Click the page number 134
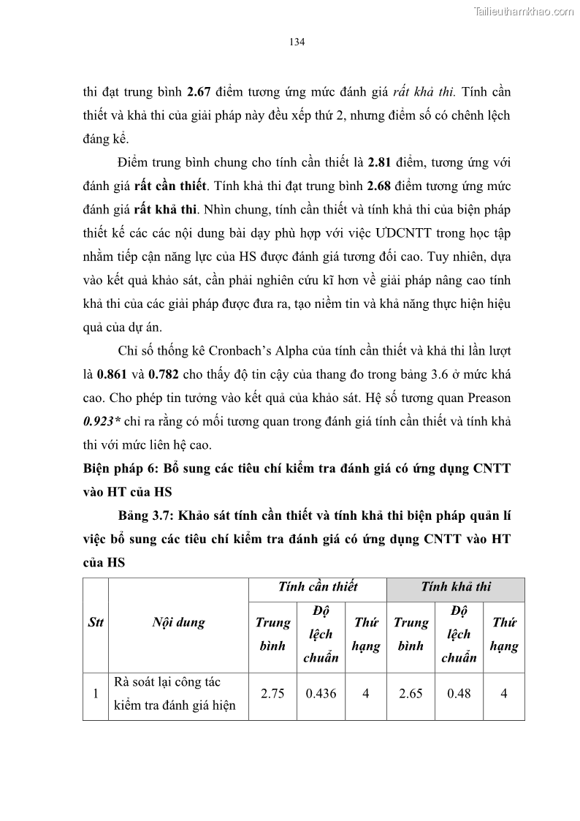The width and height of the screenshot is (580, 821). pyautogui.click(x=297, y=42)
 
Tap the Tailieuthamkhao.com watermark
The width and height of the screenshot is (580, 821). pyautogui.click(x=524, y=11)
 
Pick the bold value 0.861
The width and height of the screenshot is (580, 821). pyautogui.click(x=111, y=375)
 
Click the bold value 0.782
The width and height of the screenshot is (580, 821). pyautogui.click(x=162, y=375)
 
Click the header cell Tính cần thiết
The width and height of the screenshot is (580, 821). pyautogui.click(x=318, y=586)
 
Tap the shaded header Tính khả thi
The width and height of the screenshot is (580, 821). pyautogui.click(x=456, y=586)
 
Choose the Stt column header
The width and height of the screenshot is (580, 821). pyautogui.click(x=95, y=623)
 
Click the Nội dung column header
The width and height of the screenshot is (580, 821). pyautogui.click(x=178, y=623)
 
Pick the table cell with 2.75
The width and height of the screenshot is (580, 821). pyautogui.click(x=272, y=694)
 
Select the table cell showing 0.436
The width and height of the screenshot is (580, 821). pyautogui.click(x=320, y=694)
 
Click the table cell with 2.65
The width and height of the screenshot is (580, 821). pyautogui.click(x=411, y=694)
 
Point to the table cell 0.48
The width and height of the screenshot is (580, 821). pyautogui.click(x=459, y=694)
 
